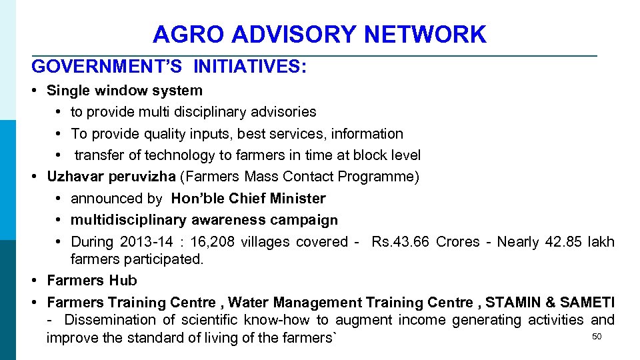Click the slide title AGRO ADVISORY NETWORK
(319, 34)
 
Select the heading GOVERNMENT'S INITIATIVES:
(169, 67)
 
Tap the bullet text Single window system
(125, 90)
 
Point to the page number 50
(597, 337)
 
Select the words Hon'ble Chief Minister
(248, 199)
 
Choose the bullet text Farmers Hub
(92, 281)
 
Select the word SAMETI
(587, 303)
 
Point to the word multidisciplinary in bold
(129, 220)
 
